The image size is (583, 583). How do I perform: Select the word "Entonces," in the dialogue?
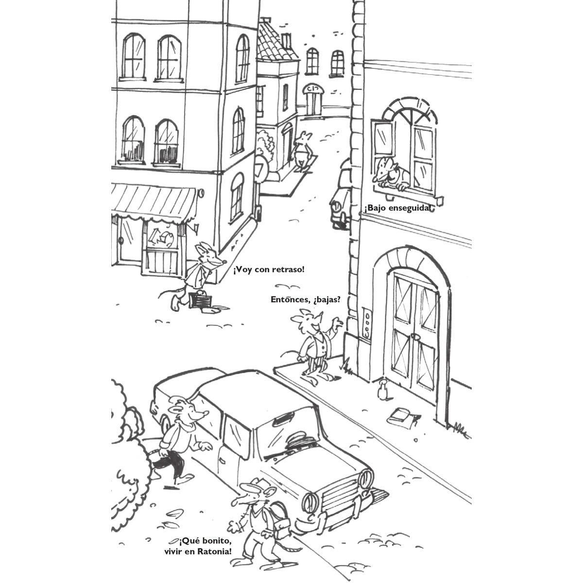(x=290, y=300)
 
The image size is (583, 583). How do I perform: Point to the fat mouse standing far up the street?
(x=303, y=150)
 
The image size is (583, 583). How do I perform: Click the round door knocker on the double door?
(x=415, y=337)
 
